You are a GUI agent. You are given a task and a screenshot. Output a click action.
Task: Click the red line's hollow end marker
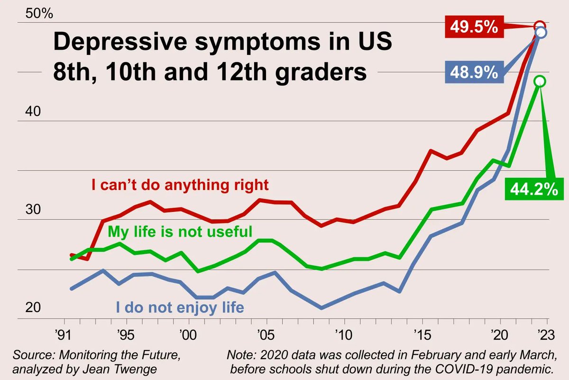point(540,26)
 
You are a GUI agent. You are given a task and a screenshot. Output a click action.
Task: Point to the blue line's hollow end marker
point(541,32)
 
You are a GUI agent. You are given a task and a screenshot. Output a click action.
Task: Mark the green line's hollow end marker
point(540,81)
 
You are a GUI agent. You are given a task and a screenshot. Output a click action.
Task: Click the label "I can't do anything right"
point(180,184)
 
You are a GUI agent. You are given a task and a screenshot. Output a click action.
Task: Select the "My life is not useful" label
point(180,232)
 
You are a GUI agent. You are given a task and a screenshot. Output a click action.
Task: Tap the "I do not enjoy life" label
point(180,307)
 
